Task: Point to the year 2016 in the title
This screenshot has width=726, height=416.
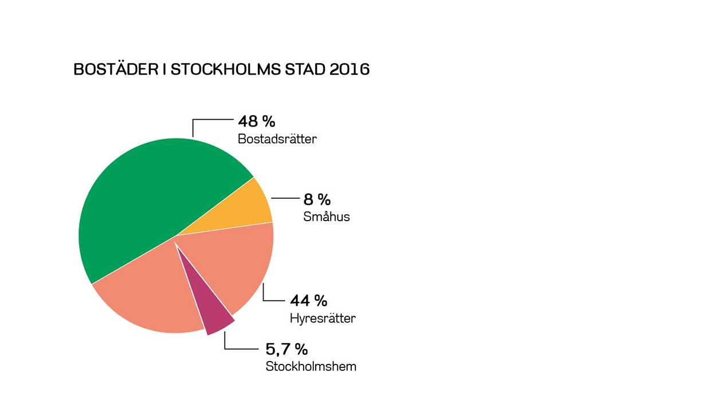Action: click(x=350, y=69)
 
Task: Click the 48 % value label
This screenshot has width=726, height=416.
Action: click(x=257, y=121)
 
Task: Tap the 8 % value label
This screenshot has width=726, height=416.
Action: click(x=317, y=199)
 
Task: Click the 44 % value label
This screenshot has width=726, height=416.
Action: click(x=308, y=300)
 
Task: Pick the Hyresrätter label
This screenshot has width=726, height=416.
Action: click(x=322, y=318)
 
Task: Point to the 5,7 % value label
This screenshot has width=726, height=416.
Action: click(x=287, y=349)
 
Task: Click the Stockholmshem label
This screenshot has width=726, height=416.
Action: click(x=311, y=367)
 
